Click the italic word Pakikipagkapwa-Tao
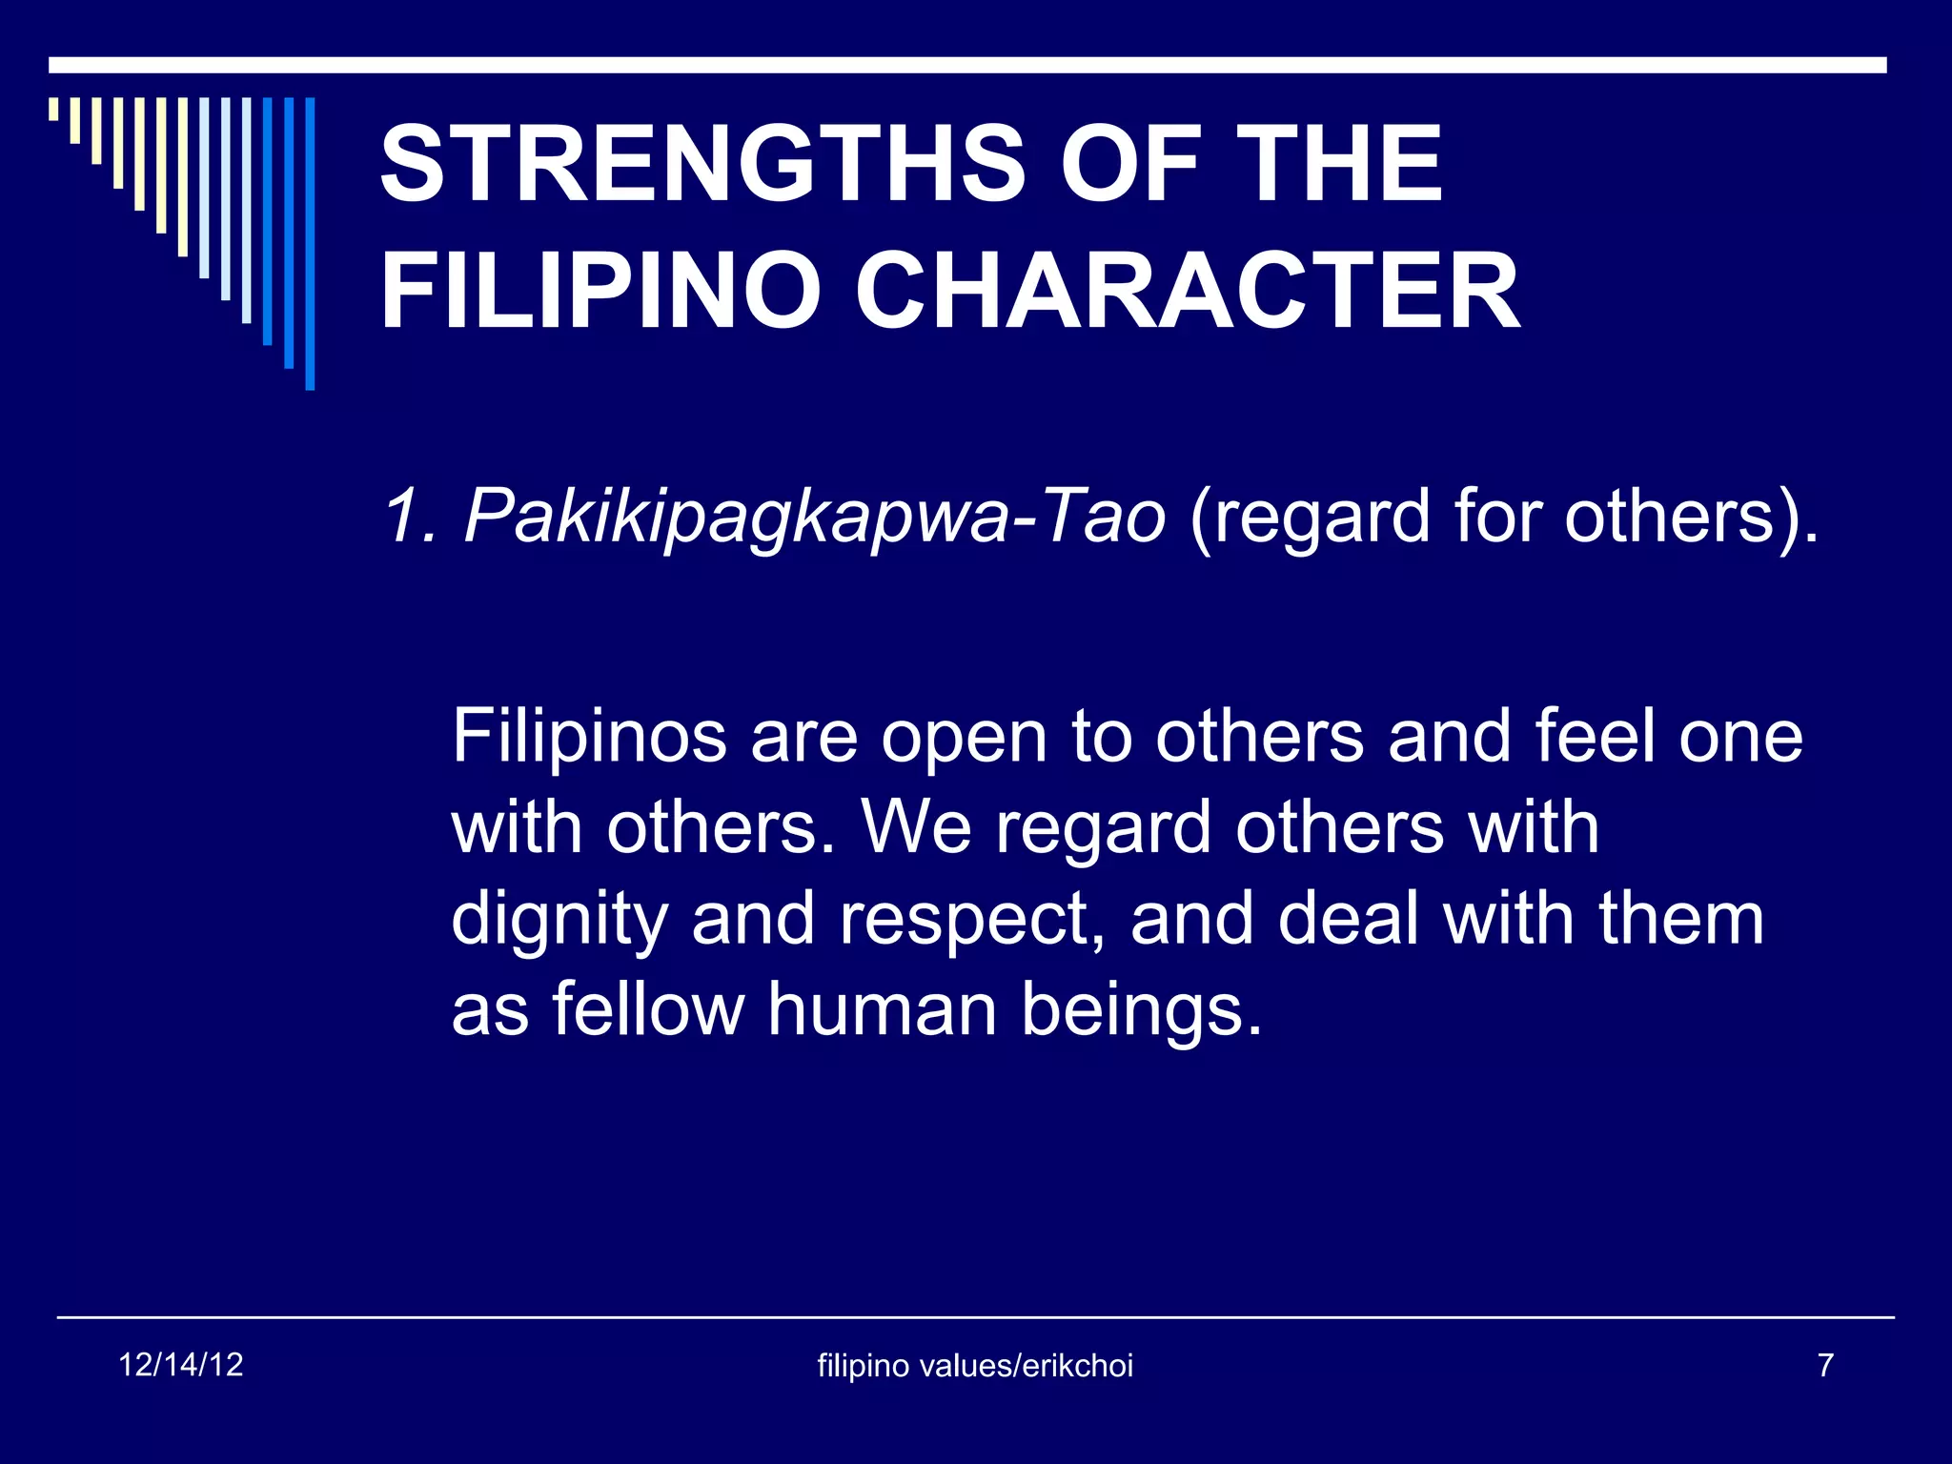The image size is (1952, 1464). [x=815, y=518]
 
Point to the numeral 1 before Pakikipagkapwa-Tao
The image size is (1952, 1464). [x=400, y=518]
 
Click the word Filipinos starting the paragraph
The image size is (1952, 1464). [x=589, y=738]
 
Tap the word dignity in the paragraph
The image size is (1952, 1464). [x=557, y=921]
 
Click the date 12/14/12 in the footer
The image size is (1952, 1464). [x=181, y=1365]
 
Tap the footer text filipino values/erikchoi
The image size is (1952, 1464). [x=975, y=1366]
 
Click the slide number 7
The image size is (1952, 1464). [x=1825, y=1365]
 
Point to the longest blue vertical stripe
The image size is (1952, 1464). [x=310, y=243]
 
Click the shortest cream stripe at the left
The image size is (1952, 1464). [x=54, y=109]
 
